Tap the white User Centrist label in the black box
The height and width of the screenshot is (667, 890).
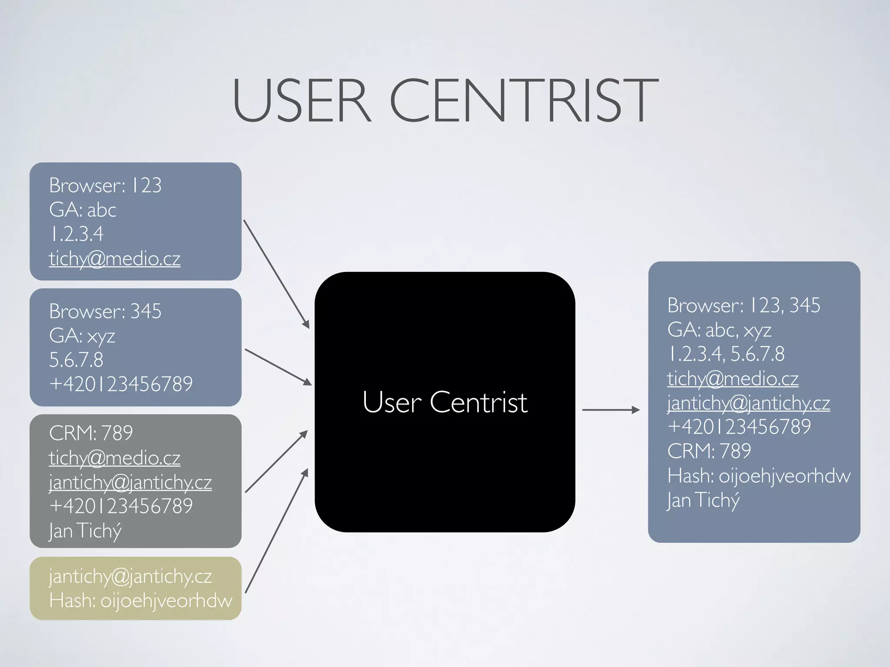point(445,402)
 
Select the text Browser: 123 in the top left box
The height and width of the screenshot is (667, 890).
point(105,185)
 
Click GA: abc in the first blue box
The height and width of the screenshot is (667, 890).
point(83,210)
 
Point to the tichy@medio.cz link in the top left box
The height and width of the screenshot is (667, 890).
point(114,259)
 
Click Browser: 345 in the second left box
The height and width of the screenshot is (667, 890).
point(105,311)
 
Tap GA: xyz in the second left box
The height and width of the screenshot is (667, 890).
point(82,336)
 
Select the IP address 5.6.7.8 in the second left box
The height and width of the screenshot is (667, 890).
point(76,360)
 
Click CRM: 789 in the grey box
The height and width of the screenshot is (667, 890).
point(91,433)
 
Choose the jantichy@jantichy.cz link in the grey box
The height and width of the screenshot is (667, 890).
point(130,482)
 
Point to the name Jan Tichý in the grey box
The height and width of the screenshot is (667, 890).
point(85,530)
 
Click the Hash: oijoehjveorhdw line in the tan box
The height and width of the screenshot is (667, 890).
point(140,601)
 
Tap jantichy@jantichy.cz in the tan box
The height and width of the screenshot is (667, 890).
point(130,576)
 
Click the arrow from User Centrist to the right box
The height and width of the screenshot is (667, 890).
point(610,409)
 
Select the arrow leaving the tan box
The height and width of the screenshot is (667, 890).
point(276,531)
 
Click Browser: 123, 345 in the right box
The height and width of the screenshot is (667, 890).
point(744,305)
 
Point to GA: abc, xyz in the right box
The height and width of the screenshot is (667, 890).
point(719,330)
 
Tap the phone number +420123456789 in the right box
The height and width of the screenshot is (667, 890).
point(739,426)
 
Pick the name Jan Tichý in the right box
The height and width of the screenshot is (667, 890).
point(703,500)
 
